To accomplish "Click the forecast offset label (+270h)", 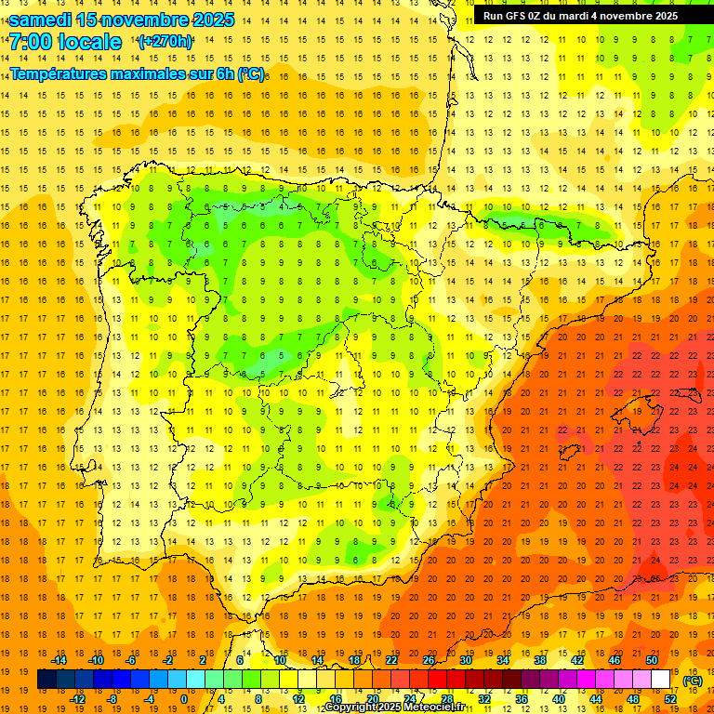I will [165, 42].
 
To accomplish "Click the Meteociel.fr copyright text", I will [396, 707].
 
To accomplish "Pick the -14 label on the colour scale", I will [59, 661].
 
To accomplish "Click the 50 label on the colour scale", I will [652, 661].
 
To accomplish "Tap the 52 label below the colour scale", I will [670, 699].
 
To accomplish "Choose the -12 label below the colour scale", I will [78, 699].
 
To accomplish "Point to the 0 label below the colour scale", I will [183, 699].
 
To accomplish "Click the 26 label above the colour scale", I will [429, 661].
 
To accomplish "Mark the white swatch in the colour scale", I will [660, 680].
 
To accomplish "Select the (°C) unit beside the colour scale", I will [693, 681].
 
